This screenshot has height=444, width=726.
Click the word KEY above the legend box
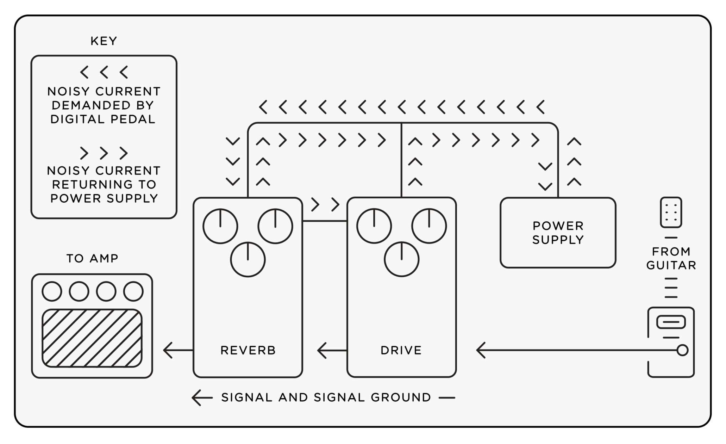click(104, 41)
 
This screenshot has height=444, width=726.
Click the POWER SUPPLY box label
click(558, 233)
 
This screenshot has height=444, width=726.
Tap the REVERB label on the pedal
click(248, 350)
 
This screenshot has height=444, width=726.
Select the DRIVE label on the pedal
click(401, 350)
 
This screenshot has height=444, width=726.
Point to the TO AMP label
click(93, 258)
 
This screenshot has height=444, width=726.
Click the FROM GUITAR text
click(671, 258)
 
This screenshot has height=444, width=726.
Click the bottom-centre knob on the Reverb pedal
click(248, 260)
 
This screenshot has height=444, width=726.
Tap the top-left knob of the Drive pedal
click(374, 226)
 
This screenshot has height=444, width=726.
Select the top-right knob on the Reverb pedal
click(275, 226)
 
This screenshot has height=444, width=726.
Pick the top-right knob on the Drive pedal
click(429, 226)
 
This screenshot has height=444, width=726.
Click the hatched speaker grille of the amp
click(92, 338)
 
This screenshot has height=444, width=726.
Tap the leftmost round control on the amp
click(52, 291)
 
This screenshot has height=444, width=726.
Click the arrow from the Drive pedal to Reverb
click(331, 350)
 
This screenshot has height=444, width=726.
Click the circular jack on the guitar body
click(682, 350)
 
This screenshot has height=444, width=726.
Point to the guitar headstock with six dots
click(671, 212)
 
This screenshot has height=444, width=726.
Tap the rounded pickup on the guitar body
click(671, 322)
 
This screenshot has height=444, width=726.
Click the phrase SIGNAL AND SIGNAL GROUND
click(326, 397)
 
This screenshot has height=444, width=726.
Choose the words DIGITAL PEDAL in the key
click(103, 119)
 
